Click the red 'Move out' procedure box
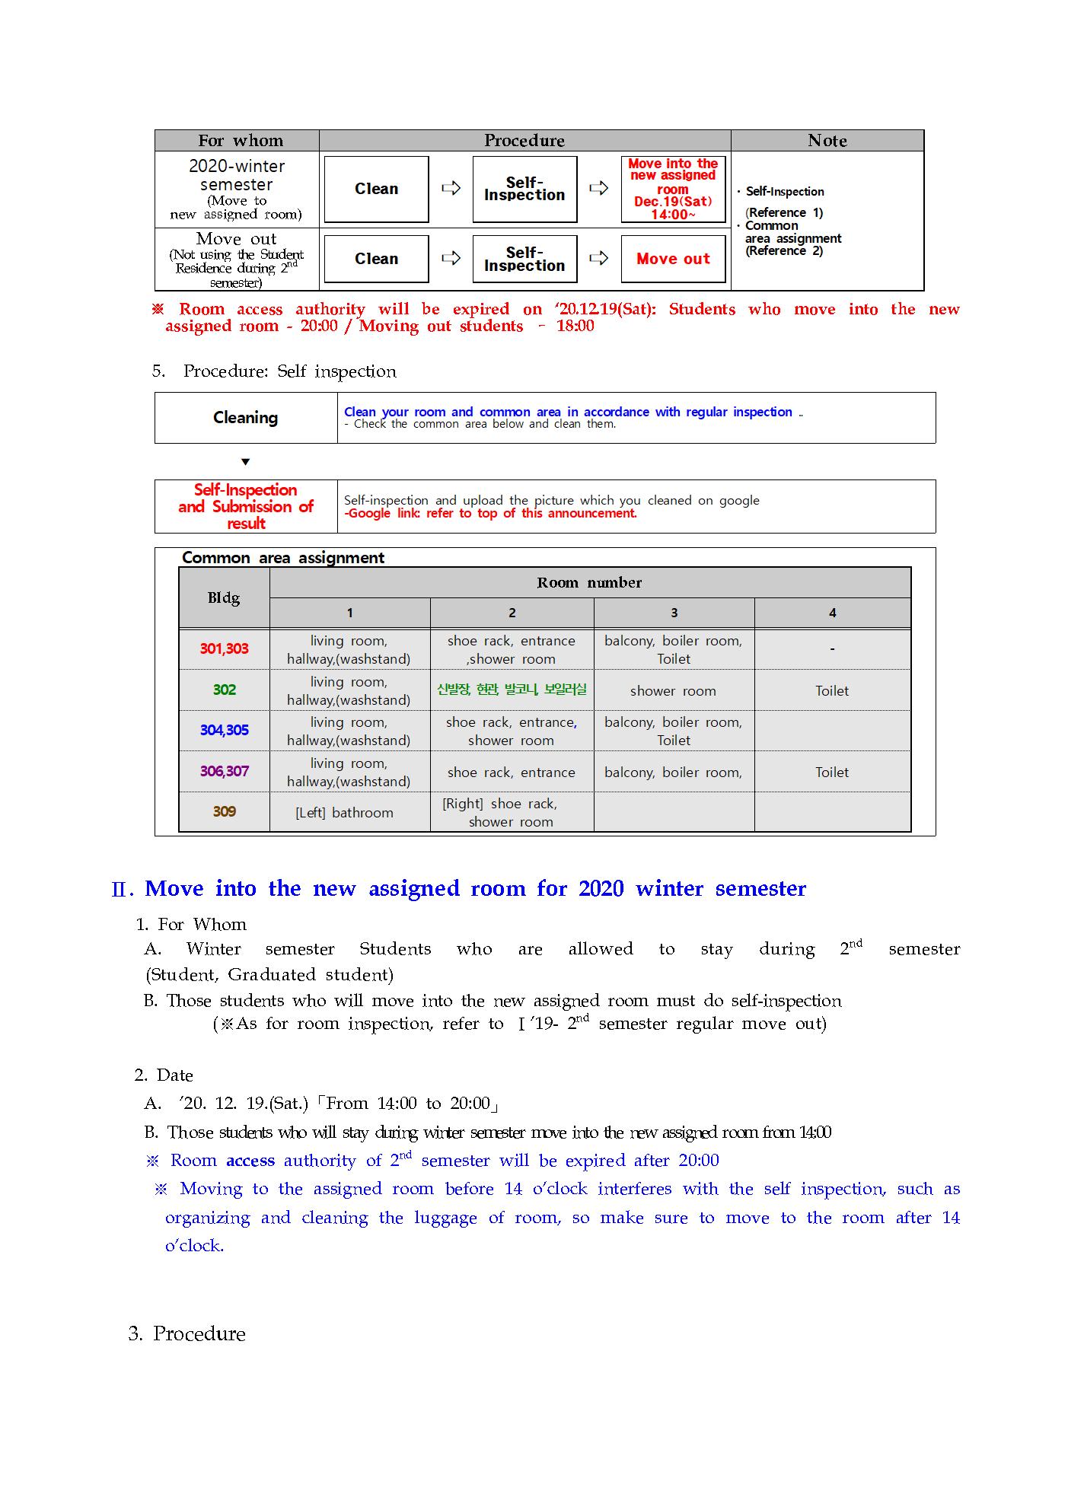click(x=673, y=259)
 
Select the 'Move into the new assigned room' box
click(x=673, y=189)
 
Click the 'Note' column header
click(x=827, y=141)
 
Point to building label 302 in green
click(x=224, y=690)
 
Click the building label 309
click(x=224, y=811)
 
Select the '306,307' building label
click(x=224, y=771)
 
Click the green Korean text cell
click(x=512, y=690)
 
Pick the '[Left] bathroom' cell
click(x=344, y=813)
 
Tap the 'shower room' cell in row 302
click(x=673, y=691)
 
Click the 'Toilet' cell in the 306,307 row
click(x=831, y=773)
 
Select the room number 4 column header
click(x=832, y=613)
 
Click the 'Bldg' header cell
click(x=224, y=597)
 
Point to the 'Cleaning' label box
click(x=245, y=418)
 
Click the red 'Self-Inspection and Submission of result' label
click(x=245, y=507)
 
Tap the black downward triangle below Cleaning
click(x=245, y=462)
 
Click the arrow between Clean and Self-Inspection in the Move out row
click(x=451, y=259)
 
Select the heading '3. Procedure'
click(x=187, y=1333)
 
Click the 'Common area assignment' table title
click(x=282, y=558)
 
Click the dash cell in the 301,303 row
click(x=832, y=649)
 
